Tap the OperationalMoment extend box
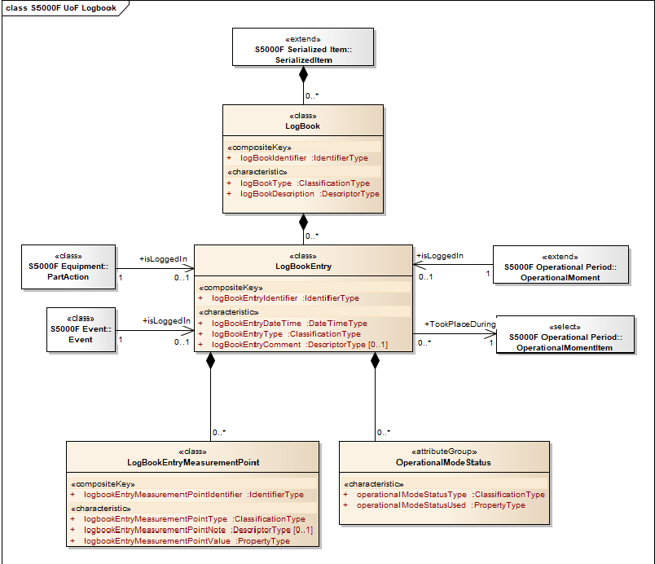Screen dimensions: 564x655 (x=560, y=266)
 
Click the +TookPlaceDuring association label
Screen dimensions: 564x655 (x=459, y=324)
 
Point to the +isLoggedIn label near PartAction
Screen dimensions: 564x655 (x=164, y=259)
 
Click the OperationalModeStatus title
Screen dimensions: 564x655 (x=442, y=462)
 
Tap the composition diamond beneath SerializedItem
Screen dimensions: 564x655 (x=303, y=75)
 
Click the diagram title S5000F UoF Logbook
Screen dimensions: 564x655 (x=61, y=8)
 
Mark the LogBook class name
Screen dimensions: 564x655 (x=302, y=126)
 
